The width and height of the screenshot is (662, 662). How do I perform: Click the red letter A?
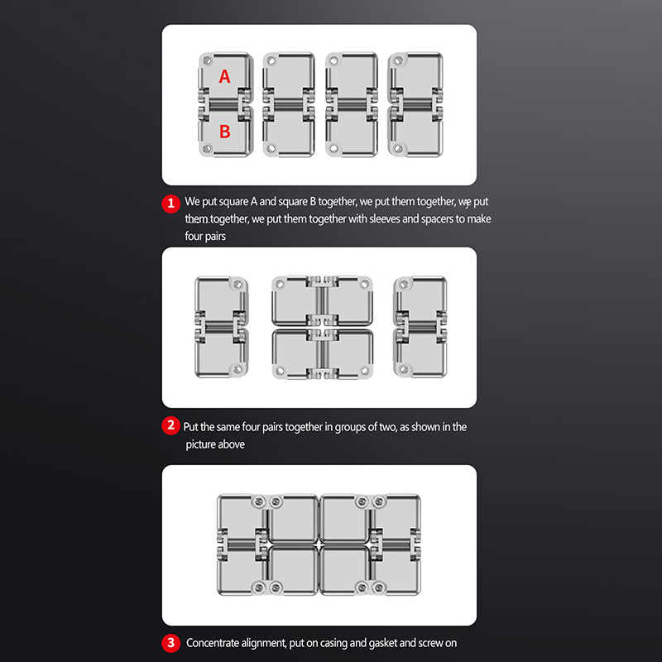(224, 76)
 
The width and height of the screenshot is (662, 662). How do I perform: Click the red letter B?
(225, 132)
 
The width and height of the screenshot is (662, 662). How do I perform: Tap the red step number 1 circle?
(171, 204)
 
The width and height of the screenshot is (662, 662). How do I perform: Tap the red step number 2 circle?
(171, 425)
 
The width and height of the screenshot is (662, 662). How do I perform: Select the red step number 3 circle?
(171, 643)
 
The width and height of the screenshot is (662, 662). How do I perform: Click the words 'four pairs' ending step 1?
(205, 236)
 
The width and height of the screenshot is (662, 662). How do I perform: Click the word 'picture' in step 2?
(200, 445)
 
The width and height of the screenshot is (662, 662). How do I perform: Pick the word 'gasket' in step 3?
(383, 644)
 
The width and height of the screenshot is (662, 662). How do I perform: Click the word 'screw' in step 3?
(430, 644)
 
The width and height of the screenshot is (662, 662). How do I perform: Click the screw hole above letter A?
(208, 60)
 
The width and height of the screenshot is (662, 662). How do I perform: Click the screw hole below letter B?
(208, 149)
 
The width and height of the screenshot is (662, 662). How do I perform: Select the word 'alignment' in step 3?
(265, 644)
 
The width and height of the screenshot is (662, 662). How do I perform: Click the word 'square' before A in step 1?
(233, 202)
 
